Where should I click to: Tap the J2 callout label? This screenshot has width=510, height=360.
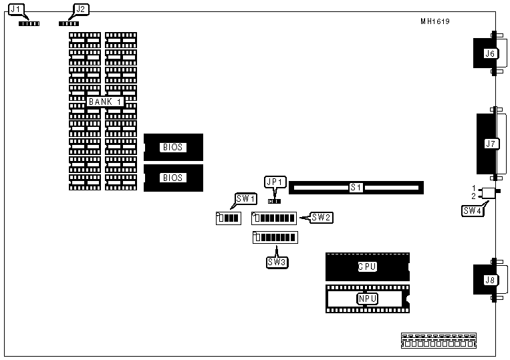[80, 9]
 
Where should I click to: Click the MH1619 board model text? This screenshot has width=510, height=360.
[434, 21]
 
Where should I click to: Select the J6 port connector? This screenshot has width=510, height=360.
[487, 54]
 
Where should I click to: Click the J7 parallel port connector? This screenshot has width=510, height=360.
[489, 143]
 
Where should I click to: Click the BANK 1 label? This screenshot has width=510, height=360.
[105, 101]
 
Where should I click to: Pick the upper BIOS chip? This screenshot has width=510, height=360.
[172, 147]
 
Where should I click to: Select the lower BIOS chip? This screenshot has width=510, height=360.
[172, 178]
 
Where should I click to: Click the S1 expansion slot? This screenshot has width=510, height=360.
[356, 188]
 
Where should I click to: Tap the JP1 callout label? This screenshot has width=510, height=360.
[275, 182]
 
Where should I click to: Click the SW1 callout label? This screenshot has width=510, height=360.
[245, 198]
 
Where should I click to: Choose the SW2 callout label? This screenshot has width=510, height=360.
[322, 217]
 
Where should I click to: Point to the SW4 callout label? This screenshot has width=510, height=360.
[472, 210]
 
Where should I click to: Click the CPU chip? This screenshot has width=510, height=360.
[366, 266]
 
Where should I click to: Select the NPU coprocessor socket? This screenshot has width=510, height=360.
[366, 299]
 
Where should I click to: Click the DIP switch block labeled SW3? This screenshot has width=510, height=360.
[275, 238]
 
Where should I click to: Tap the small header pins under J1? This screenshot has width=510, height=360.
[29, 23]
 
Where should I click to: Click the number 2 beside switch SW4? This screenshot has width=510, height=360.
[473, 196]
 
